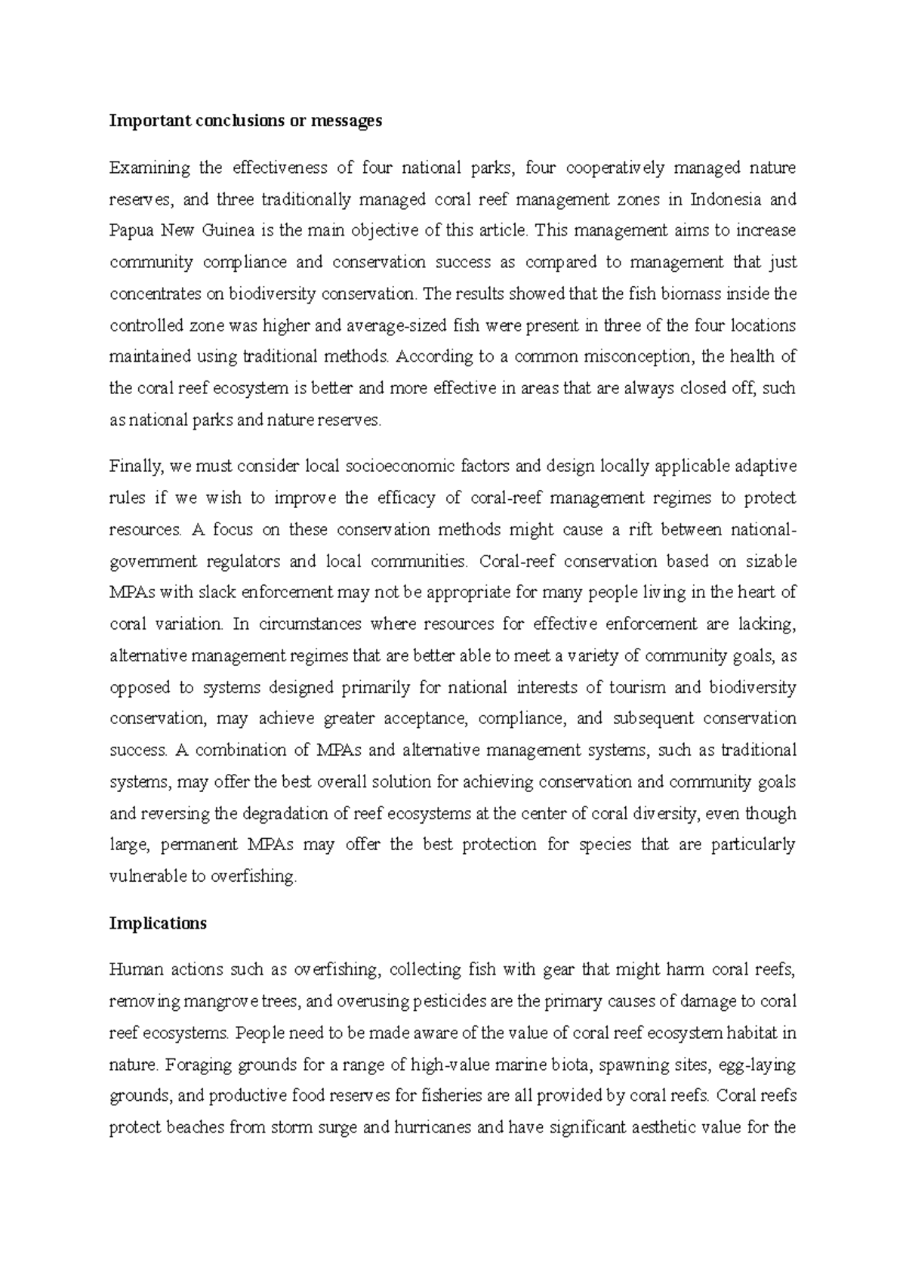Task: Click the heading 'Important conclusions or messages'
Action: [x=245, y=121]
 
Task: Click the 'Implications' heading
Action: [x=158, y=923]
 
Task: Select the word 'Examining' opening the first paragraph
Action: [x=144, y=168]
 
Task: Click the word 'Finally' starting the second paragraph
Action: [x=136, y=467]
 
